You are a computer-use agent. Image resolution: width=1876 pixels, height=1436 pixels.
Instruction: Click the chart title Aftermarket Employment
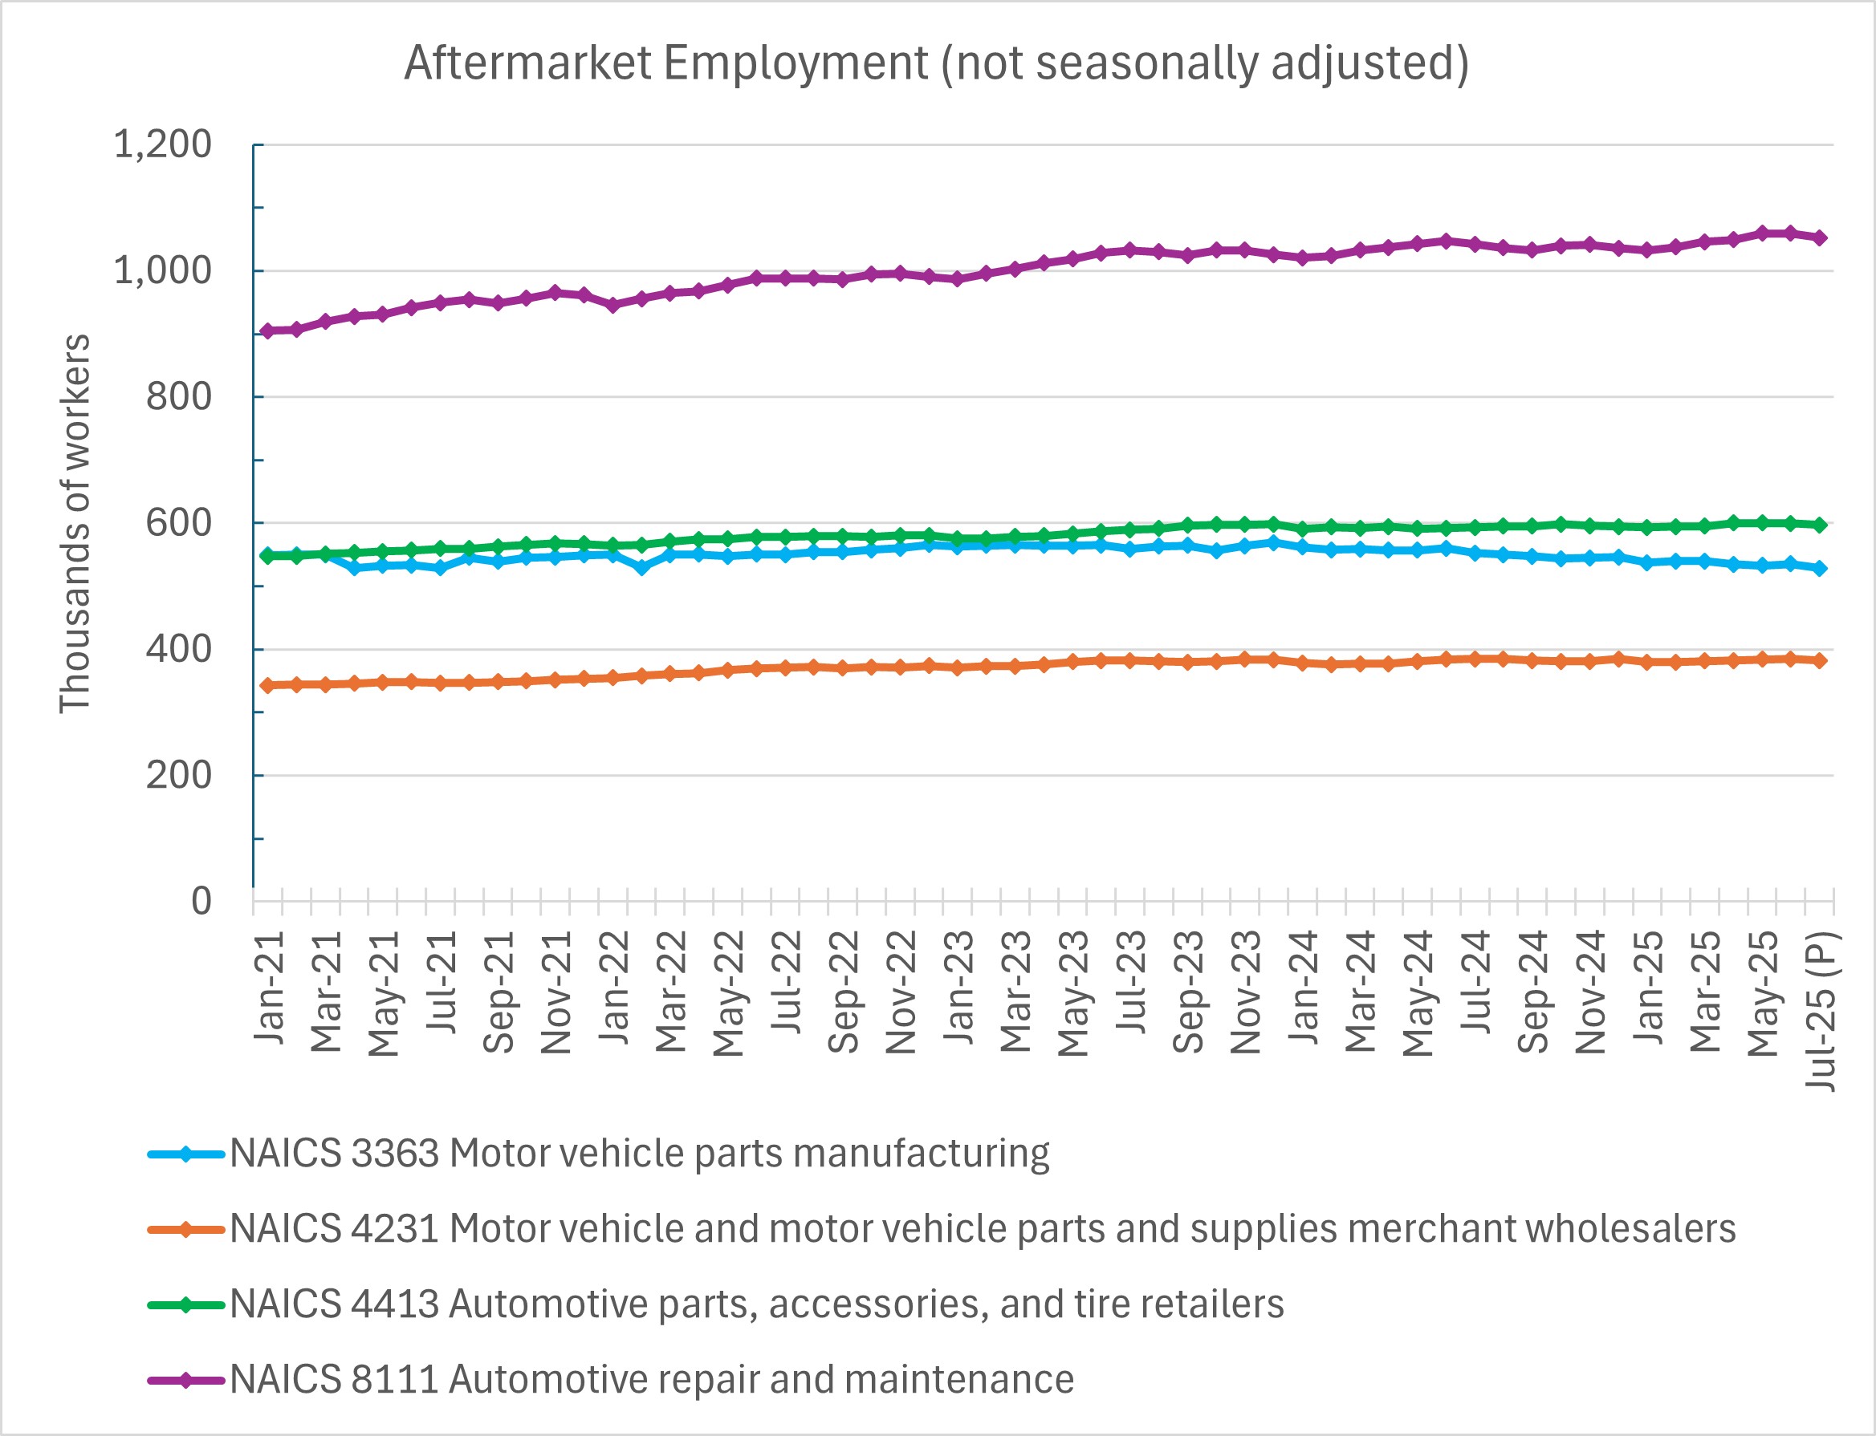pyautogui.click(x=936, y=63)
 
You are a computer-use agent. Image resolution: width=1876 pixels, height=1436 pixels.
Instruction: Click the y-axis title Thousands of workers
pyautogui.click(x=75, y=523)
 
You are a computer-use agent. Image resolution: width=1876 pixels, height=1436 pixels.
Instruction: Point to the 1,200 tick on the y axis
pyautogui.click(x=162, y=144)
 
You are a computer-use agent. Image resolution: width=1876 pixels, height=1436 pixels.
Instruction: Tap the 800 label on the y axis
pyautogui.click(x=178, y=396)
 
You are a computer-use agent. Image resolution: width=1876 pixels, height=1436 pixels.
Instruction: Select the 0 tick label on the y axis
pyautogui.click(x=201, y=901)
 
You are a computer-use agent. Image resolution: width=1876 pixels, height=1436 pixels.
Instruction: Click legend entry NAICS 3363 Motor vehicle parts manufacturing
pyautogui.click(x=639, y=1154)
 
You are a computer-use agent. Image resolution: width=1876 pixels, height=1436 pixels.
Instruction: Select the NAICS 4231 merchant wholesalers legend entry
pyautogui.click(x=982, y=1229)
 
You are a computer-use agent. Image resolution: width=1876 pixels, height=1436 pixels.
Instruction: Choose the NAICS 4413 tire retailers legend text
pyautogui.click(x=756, y=1304)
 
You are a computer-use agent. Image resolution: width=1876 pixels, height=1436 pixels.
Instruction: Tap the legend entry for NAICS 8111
pyautogui.click(x=651, y=1380)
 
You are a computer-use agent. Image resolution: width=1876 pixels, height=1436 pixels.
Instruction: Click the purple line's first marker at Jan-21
pyautogui.click(x=267, y=331)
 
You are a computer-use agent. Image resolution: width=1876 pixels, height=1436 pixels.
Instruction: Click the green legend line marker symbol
pyautogui.click(x=185, y=1305)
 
